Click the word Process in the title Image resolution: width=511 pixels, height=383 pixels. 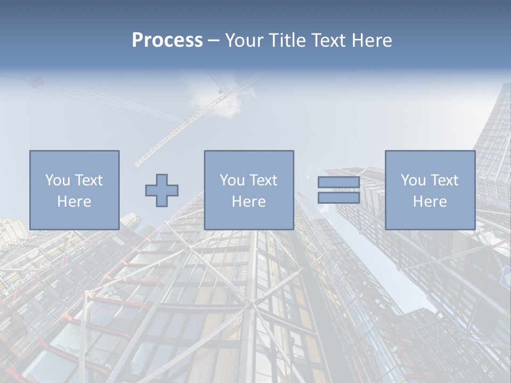[x=167, y=40]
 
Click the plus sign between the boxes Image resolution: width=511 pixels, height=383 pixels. [x=162, y=190]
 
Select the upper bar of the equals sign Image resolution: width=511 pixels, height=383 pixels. [x=339, y=182]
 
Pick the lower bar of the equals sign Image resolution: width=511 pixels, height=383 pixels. [x=339, y=198]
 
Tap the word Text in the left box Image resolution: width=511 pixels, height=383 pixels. [x=88, y=180]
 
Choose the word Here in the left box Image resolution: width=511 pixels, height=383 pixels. [x=74, y=202]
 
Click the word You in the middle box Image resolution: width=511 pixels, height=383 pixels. [x=233, y=180]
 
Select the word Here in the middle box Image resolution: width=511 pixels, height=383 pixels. [x=249, y=202]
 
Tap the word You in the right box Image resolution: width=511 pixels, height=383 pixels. [x=414, y=180]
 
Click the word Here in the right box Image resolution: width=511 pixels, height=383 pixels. [x=430, y=202]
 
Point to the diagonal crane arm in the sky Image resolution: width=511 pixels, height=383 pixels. [x=176, y=133]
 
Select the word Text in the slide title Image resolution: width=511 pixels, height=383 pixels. [x=327, y=40]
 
